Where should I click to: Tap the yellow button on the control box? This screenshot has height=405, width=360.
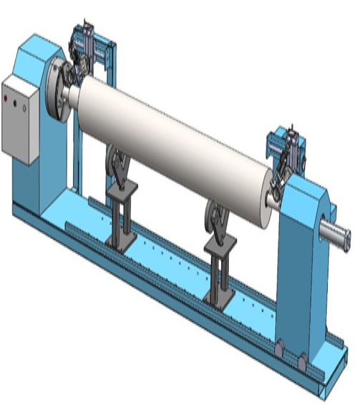click(24, 107)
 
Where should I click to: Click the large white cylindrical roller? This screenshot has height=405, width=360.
click(172, 143)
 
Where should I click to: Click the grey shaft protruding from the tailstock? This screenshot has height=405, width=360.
click(336, 233)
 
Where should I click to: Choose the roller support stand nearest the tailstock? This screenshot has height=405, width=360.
click(218, 250)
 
